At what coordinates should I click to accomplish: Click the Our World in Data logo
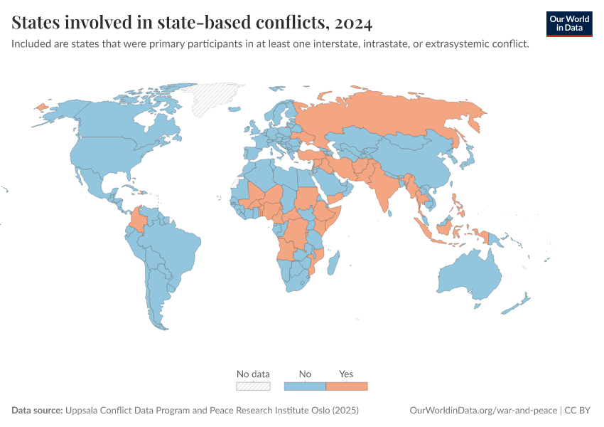click(x=569, y=23)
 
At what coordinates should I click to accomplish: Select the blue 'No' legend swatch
click(x=305, y=386)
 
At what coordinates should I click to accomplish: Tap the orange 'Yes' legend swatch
click(x=347, y=386)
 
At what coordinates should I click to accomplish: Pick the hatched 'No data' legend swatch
click(x=253, y=386)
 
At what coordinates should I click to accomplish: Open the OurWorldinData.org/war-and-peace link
click(x=484, y=411)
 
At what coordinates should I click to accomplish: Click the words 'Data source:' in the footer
click(x=37, y=411)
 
